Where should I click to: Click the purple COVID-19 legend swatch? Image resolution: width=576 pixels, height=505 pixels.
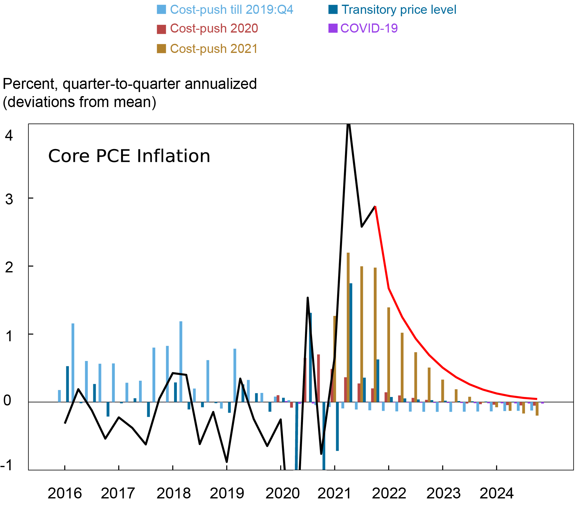click(332, 28)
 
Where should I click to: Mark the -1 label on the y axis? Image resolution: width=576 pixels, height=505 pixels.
click(7, 466)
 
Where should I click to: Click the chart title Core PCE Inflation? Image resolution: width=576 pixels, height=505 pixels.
click(129, 156)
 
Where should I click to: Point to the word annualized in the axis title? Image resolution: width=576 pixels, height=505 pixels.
click(221, 84)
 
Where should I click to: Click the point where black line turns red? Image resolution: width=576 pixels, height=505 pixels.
click(375, 206)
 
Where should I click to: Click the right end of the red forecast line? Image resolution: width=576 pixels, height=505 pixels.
click(537, 399)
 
